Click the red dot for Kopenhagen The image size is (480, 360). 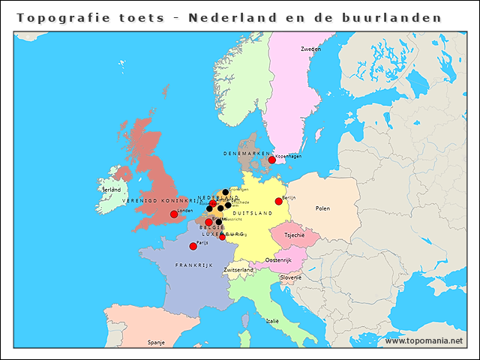271,160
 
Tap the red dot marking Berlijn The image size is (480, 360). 278,201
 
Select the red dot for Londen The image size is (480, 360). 174,214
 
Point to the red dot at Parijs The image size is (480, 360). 193,246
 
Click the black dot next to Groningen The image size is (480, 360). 225,192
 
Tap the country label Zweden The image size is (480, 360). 310,49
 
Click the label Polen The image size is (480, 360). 322,208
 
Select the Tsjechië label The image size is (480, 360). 294,235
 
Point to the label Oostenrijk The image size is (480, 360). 278,259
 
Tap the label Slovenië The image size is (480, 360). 291,277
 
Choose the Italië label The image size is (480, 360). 272,320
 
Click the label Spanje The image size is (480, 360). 156,342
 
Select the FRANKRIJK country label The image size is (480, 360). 194,265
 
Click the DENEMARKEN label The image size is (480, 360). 246,153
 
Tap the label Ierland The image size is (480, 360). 111,190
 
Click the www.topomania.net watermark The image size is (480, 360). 424,340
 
